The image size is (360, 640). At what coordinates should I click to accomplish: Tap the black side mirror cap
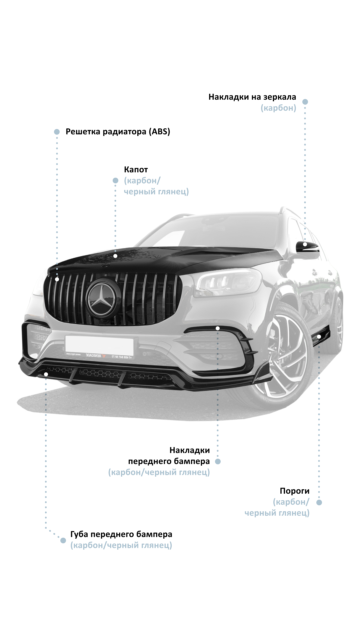point(307,247)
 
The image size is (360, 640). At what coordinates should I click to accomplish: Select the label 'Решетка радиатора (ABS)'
point(118,132)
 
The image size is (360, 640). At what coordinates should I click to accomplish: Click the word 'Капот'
point(136,170)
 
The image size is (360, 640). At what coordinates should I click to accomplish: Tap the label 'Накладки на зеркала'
point(252,97)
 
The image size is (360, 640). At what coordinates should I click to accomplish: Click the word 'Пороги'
point(294,491)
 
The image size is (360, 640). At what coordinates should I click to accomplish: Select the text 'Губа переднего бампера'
point(121,534)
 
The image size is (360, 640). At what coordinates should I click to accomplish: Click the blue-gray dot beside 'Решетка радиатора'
point(57,132)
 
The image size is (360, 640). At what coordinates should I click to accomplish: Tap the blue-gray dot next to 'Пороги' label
point(319,502)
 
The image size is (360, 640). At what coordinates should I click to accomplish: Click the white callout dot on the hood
point(115,256)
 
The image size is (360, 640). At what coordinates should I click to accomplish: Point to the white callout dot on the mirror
point(305,244)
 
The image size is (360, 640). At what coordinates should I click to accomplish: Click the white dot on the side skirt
point(319,337)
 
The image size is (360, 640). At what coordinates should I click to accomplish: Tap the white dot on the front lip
point(46,374)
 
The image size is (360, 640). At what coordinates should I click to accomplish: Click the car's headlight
point(227,283)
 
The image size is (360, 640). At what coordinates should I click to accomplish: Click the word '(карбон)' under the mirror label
point(278,108)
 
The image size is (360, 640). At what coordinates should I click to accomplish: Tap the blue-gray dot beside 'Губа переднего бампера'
point(63,540)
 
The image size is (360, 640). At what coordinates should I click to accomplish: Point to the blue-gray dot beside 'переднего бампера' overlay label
point(218,462)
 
